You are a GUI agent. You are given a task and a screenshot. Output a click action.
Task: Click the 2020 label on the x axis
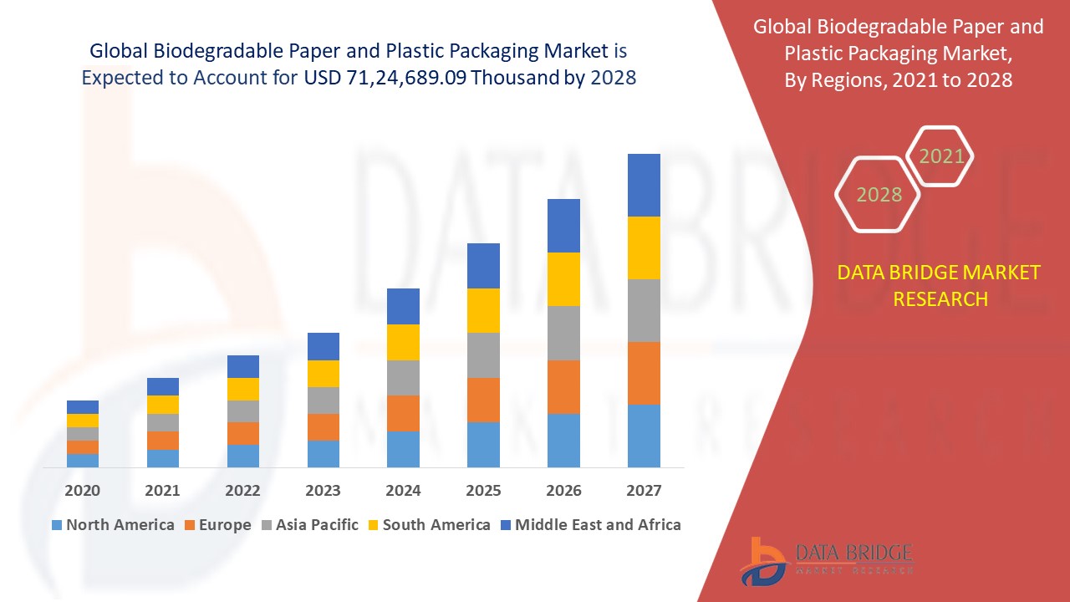click(82, 490)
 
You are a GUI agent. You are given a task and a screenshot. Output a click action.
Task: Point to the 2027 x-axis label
click(644, 490)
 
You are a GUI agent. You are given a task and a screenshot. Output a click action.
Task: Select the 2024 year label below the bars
click(403, 490)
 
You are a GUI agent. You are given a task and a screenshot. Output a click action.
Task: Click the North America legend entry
click(113, 525)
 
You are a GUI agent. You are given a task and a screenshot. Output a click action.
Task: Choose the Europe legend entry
click(217, 525)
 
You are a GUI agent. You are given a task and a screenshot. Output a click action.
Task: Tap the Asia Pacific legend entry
click(310, 525)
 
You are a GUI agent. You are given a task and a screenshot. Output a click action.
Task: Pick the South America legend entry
click(429, 525)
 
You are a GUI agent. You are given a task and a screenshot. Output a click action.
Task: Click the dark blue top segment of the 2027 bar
click(644, 185)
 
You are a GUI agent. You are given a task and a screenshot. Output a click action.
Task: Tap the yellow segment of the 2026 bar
click(563, 278)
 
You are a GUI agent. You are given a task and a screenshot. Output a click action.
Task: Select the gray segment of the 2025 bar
click(483, 355)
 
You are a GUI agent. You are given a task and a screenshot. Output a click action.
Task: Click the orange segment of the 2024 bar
click(403, 413)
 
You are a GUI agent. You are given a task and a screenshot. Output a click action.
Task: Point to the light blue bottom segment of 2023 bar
click(324, 453)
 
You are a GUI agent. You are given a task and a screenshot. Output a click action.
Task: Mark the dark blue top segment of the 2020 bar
click(83, 407)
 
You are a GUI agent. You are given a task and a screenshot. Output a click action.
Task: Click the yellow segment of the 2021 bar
click(163, 405)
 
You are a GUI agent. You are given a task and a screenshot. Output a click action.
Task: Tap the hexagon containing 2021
click(941, 156)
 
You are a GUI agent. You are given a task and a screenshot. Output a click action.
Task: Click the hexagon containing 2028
click(879, 195)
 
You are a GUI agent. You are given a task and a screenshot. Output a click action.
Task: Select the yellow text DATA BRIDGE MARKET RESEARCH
click(940, 286)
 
